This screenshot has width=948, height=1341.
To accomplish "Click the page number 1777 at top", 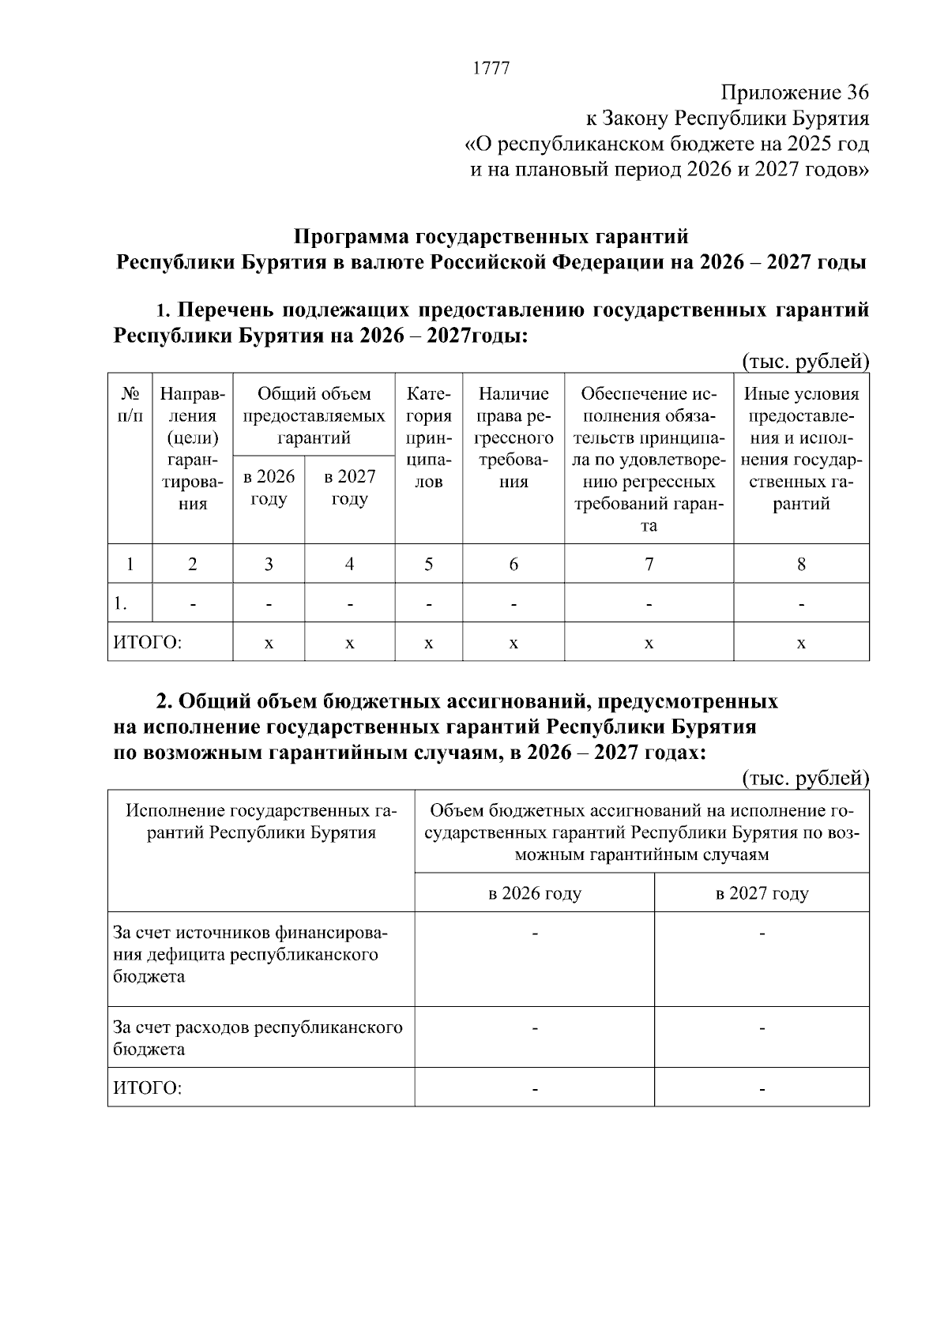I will tap(491, 68).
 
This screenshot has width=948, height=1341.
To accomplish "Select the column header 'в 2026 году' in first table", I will tap(269, 487).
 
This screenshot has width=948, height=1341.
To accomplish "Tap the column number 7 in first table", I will tap(649, 564).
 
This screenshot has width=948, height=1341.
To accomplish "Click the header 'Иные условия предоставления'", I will tap(801, 449).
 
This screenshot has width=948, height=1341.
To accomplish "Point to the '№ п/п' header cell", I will tap(130, 404).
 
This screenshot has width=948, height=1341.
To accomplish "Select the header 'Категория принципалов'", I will tap(428, 438).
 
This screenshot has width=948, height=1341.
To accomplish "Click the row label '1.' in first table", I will tap(121, 604).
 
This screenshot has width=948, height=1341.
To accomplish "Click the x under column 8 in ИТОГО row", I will tap(801, 643).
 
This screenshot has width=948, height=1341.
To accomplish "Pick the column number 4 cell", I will tap(349, 564).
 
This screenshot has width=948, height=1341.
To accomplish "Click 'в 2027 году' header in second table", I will tap(762, 893).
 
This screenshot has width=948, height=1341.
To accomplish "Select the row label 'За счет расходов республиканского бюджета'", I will tap(258, 1038).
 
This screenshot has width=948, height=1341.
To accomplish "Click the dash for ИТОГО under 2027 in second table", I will tap(762, 1089).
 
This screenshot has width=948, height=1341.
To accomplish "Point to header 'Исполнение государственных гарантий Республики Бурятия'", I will tap(261, 821).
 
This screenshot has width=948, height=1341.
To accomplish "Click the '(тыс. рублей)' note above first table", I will tap(805, 362).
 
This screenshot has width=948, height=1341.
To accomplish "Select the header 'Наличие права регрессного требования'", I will tap(513, 438).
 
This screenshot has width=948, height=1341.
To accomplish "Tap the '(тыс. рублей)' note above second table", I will tap(805, 778).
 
